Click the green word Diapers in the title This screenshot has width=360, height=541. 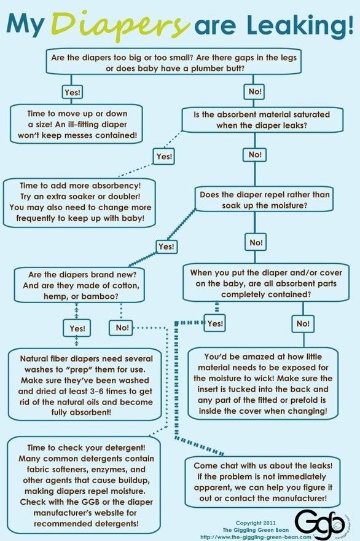[120, 24]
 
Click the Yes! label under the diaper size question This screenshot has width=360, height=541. [72, 92]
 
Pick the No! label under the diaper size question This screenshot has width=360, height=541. [255, 92]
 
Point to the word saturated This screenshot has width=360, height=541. [310, 114]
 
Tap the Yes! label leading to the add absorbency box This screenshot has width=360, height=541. [164, 156]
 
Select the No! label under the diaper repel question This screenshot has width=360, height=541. [256, 243]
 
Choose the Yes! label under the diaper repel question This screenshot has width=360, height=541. [166, 247]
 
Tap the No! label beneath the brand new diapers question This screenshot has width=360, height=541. [122, 328]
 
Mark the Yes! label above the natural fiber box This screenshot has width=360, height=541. [77, 328]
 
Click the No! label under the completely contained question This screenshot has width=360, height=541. [303, 323]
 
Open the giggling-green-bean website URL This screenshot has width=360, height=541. [256, 537]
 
